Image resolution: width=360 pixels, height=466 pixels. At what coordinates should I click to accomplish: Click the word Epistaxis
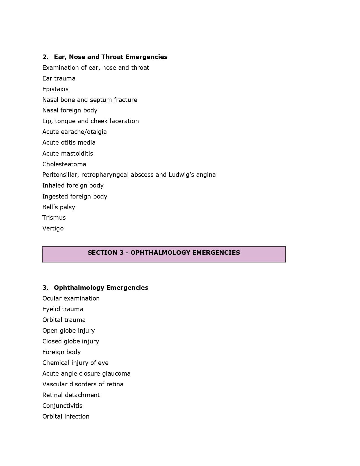[55, 89]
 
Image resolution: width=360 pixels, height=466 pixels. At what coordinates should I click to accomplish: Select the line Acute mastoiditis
[68, 154]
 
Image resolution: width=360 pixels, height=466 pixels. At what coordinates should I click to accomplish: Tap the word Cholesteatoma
[64, 164]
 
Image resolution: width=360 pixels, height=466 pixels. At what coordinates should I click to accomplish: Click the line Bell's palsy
[59, 207]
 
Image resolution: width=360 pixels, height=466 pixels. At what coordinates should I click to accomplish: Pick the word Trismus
[54, 218]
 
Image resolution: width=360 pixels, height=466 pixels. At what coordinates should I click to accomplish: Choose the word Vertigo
[53, 228]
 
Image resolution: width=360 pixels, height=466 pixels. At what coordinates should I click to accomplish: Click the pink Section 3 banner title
[164, 253]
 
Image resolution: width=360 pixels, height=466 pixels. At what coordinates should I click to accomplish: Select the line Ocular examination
[71, 299]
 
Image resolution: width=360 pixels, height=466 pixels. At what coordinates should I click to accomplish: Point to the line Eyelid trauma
[63, 309]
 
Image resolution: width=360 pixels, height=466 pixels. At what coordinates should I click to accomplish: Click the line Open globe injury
[69, 331]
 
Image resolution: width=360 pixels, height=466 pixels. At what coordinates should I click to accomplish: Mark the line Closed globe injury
[71, 341]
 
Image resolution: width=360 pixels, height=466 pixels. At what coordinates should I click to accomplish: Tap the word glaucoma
[116, 374]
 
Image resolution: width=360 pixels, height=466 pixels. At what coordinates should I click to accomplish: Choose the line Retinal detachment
[71, 395]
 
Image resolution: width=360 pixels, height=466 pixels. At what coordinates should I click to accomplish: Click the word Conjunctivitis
[62, 406]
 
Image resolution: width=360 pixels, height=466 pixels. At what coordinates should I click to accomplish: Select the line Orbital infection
[66, 417]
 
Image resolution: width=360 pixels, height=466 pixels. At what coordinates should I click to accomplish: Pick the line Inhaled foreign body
[73, 186]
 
